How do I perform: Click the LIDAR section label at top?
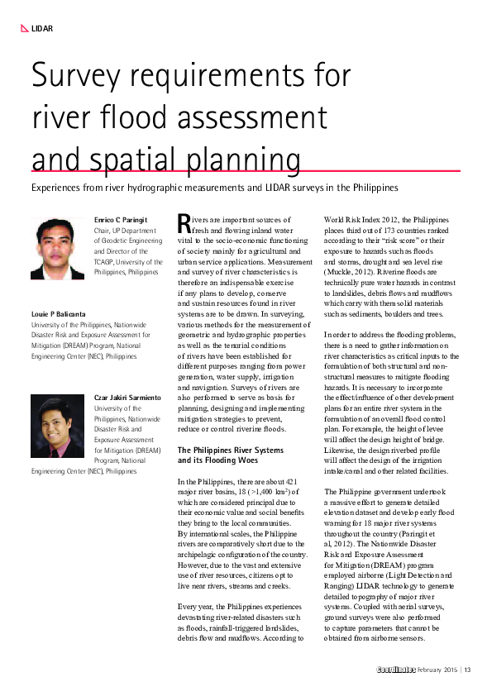pyautogui.click(x=42, y=29)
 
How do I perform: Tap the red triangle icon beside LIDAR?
pyautogui.click(x=25, y=29)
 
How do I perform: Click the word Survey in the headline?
pyautogui.click(x=75, y=77)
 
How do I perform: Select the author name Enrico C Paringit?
pyautogui.click(x=122, y=219)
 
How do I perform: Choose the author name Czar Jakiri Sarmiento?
pyautogui.click(x=127, y=398)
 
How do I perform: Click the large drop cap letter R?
pyautogui.click(x=185, y=223)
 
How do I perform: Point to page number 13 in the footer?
pyautogui.click(x=467, y=669)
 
